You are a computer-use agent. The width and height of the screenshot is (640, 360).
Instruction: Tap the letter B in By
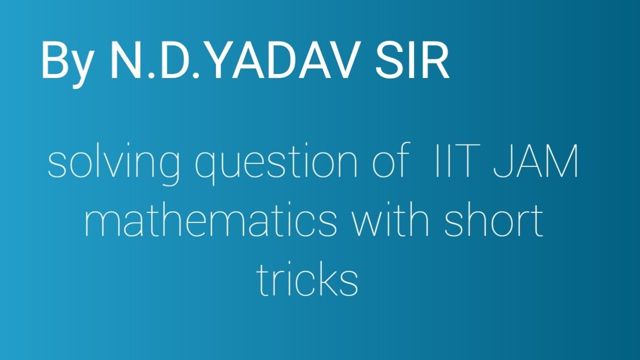pyautogui.click(x=54, y=60)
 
